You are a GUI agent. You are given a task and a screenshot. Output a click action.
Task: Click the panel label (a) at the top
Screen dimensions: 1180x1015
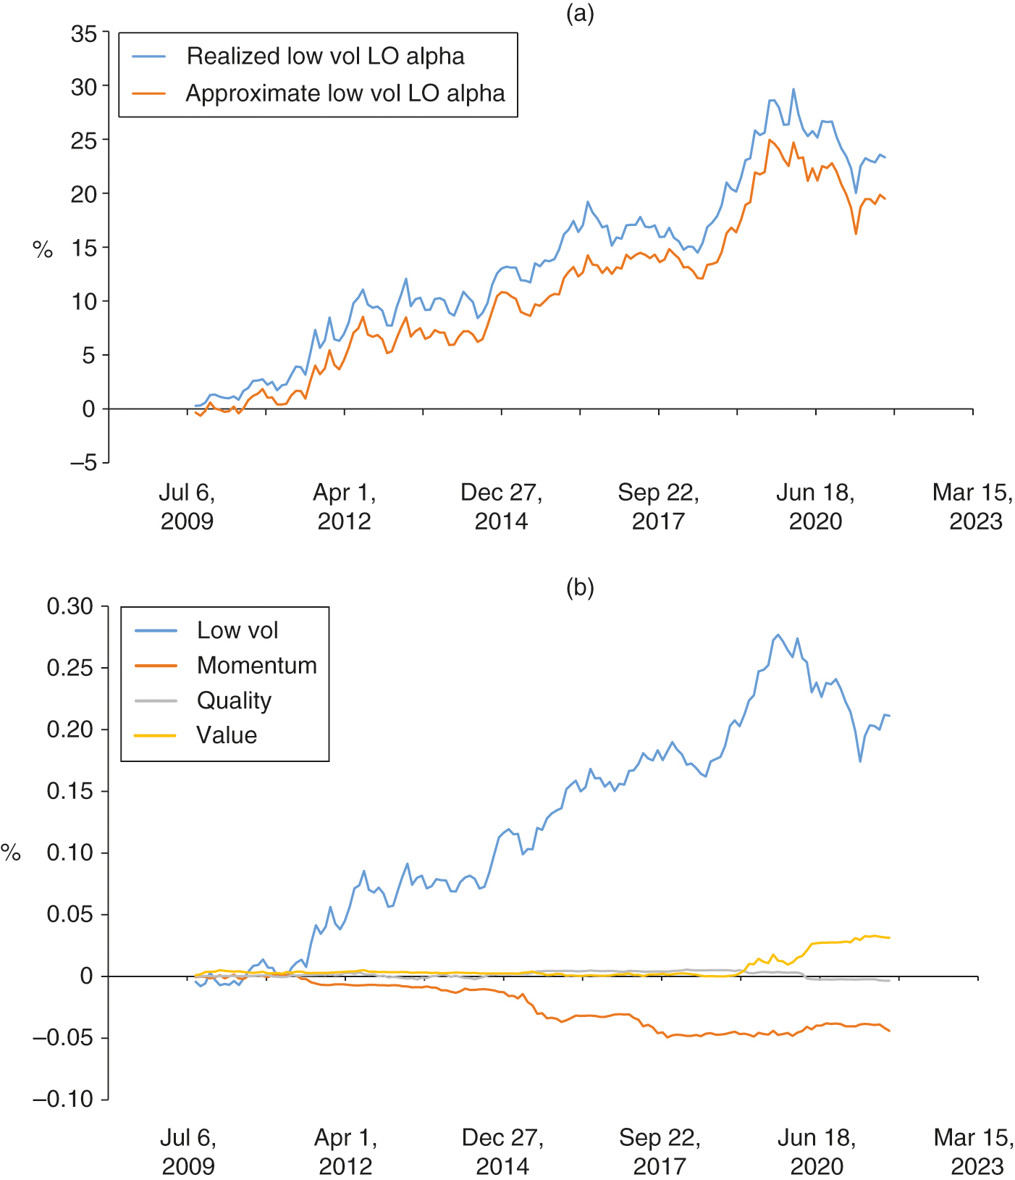580,14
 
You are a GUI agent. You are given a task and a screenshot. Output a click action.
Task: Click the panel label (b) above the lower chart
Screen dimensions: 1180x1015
580,587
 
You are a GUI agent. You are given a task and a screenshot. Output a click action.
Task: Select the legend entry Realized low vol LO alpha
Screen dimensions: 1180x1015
325,57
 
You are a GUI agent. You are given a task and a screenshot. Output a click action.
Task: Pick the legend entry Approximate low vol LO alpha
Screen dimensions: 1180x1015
345,93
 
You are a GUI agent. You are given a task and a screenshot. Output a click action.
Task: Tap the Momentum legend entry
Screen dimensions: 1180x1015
256,665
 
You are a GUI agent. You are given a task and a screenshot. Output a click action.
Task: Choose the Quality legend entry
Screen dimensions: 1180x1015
234,700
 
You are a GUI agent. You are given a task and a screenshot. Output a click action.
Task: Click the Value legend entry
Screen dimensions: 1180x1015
227,735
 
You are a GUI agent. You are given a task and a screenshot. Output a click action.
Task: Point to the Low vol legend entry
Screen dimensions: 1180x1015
237,630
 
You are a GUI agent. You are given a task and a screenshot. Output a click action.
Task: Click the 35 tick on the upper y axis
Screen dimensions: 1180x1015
84,33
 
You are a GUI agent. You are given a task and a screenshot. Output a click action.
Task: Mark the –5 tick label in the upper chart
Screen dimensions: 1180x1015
83,463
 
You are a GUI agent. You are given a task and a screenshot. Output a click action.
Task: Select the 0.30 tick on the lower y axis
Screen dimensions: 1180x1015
70,606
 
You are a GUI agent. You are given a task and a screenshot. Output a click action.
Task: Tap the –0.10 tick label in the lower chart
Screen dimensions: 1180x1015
63,1100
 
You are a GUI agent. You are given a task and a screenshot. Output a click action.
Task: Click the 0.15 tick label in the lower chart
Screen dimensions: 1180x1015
70,791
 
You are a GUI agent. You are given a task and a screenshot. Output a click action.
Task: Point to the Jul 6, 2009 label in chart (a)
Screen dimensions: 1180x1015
187,507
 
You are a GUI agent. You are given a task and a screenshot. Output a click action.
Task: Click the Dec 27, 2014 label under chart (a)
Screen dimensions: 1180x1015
502,507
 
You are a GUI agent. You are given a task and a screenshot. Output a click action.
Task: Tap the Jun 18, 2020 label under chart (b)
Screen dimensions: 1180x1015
817,1152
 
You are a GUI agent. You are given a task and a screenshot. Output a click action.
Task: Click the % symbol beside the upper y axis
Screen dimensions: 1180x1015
43,250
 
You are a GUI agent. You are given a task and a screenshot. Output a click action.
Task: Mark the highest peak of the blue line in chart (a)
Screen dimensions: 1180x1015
793,89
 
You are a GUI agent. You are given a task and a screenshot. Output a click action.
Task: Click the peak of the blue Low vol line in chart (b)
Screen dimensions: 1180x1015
778,635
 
